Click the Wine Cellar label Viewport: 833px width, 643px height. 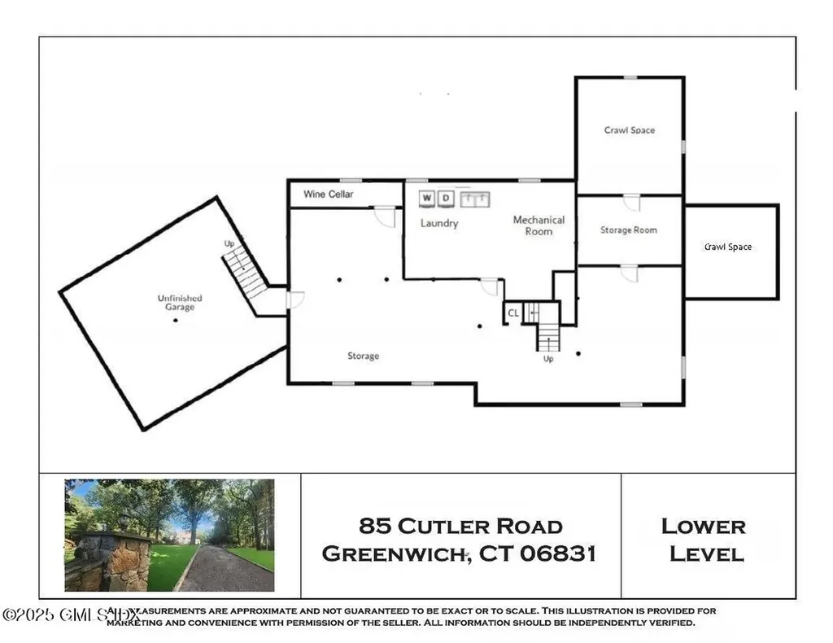point(329,195)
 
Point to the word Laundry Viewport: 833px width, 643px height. point(439,223)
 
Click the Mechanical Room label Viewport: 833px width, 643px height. point(539,225)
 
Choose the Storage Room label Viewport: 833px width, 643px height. point(629,230)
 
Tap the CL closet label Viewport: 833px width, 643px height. point(513,313)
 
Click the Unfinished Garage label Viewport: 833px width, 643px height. point(180,303)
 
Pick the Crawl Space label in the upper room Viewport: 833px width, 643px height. point(630,130)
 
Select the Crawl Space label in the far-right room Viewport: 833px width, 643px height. point(728,247)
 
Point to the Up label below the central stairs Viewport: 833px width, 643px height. point(548,359)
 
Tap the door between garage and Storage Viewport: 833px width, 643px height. point(294,300)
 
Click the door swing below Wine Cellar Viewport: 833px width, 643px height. point(385,217)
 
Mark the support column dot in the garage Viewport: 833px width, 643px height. point(175,320)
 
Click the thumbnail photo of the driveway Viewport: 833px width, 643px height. point(169,535)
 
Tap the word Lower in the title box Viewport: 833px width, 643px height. point(703,526)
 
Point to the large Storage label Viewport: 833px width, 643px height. point(364,356)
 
